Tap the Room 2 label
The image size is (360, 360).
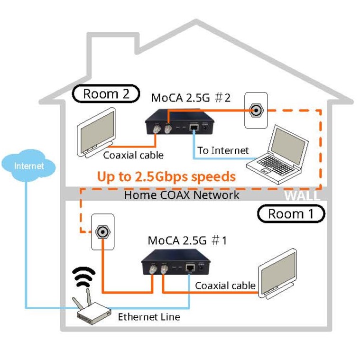[106, 93]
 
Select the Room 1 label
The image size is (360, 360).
[291, 214]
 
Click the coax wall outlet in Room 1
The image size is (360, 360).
[102, 231]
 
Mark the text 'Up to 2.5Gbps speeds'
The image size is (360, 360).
[166, 177]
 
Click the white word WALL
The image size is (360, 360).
[301, 195]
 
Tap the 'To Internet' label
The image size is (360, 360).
[223, 151]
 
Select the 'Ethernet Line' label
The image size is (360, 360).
[149, 316]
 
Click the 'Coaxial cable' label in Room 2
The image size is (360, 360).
[133, 155]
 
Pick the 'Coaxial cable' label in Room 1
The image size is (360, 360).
[225, 286]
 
